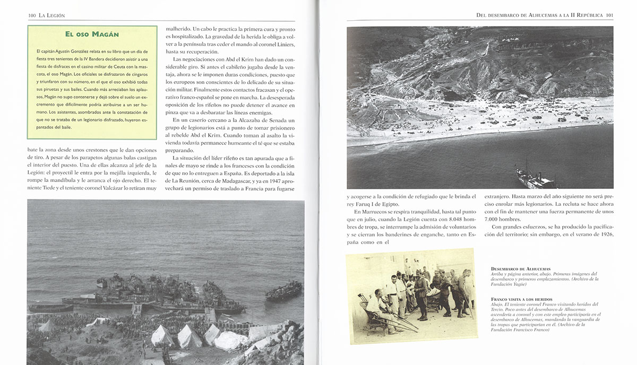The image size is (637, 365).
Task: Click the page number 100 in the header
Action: coord(32,16)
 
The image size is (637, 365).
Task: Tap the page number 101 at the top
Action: coord(609,16)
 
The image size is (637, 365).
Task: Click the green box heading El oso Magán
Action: coord(92,35)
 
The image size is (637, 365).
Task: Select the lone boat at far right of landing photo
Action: coord(283,290)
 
